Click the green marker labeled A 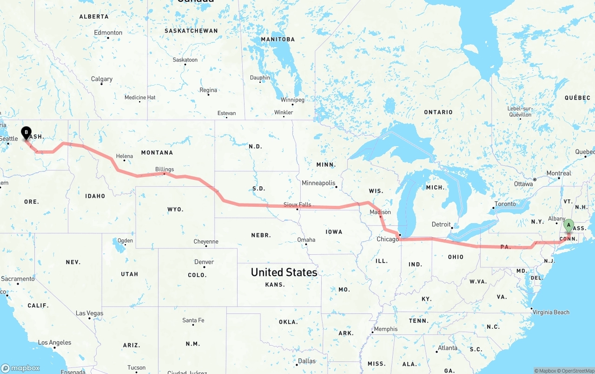tap(569, 226)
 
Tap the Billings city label tap(165, 170)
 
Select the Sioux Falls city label tap(297, 204)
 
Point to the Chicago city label tap(388, 239)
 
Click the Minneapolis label tap(318, 183)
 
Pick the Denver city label tap(204, 262)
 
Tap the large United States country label tap(284, 272)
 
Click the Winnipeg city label tap(292, 100)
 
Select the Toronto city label tap(505, 204)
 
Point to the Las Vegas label tap(90, 313)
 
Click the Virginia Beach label tap(551, 312)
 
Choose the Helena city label tap(125, 156)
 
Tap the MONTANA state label tap(157, 153)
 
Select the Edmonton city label tap(108, 33)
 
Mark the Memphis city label tap(386, 329)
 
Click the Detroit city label tap(441, 224)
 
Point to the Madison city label tap(380, 212)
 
